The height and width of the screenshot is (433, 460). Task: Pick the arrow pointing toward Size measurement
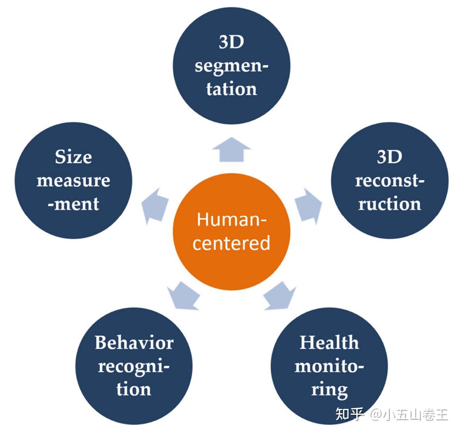pos(155,206)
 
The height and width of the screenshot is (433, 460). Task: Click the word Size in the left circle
pos(73,157)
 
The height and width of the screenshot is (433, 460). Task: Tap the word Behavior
pos(134,343)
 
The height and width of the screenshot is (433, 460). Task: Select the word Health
pos(329,343)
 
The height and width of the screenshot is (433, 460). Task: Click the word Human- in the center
pos(232,219)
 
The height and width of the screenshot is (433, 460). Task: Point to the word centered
pos(231,243)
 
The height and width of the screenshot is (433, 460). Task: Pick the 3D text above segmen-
pos(231,42)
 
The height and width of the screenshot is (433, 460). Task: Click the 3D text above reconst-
pos(389,157)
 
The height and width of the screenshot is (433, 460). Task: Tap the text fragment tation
pos(232,89)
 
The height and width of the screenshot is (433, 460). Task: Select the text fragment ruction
pos(389,204)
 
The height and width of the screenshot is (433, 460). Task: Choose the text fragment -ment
pos(73,204)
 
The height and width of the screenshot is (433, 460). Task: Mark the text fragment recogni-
pos(134,366)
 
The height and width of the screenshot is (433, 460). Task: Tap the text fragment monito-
pos(329,366)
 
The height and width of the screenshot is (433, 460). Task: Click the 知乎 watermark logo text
pos(349,414)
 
